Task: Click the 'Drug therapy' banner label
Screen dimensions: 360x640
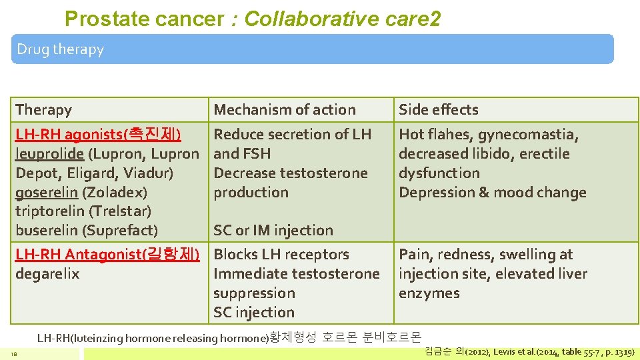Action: click(60, 49)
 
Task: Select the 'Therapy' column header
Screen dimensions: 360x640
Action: click(43, 109)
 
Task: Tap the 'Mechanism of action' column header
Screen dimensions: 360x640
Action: click(285, 109)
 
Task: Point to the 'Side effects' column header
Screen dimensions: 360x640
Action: click(438, 109)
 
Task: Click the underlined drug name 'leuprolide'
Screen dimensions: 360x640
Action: click(49, 153)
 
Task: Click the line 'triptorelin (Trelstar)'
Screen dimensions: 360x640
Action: click(83, 211)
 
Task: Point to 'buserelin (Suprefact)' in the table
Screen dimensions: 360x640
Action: click(86, 230)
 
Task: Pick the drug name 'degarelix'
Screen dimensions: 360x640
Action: click(47, 273)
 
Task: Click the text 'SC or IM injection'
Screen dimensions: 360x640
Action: click(273, 230)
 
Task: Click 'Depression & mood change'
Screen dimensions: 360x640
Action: click(492, 192)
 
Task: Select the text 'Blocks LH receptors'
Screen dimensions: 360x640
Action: click(281, 254)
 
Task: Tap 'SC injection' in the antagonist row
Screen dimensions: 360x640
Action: click(253, 312)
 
